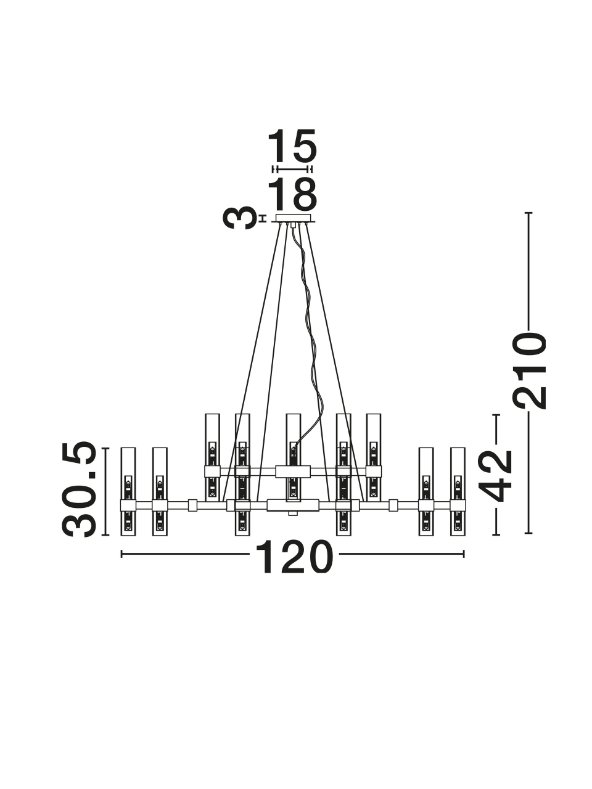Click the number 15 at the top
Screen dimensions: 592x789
(292, 146)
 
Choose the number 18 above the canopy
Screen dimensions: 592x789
(292, 194)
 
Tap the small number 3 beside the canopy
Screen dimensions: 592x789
(237, 218)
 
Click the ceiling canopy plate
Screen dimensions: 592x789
(293, 218)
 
